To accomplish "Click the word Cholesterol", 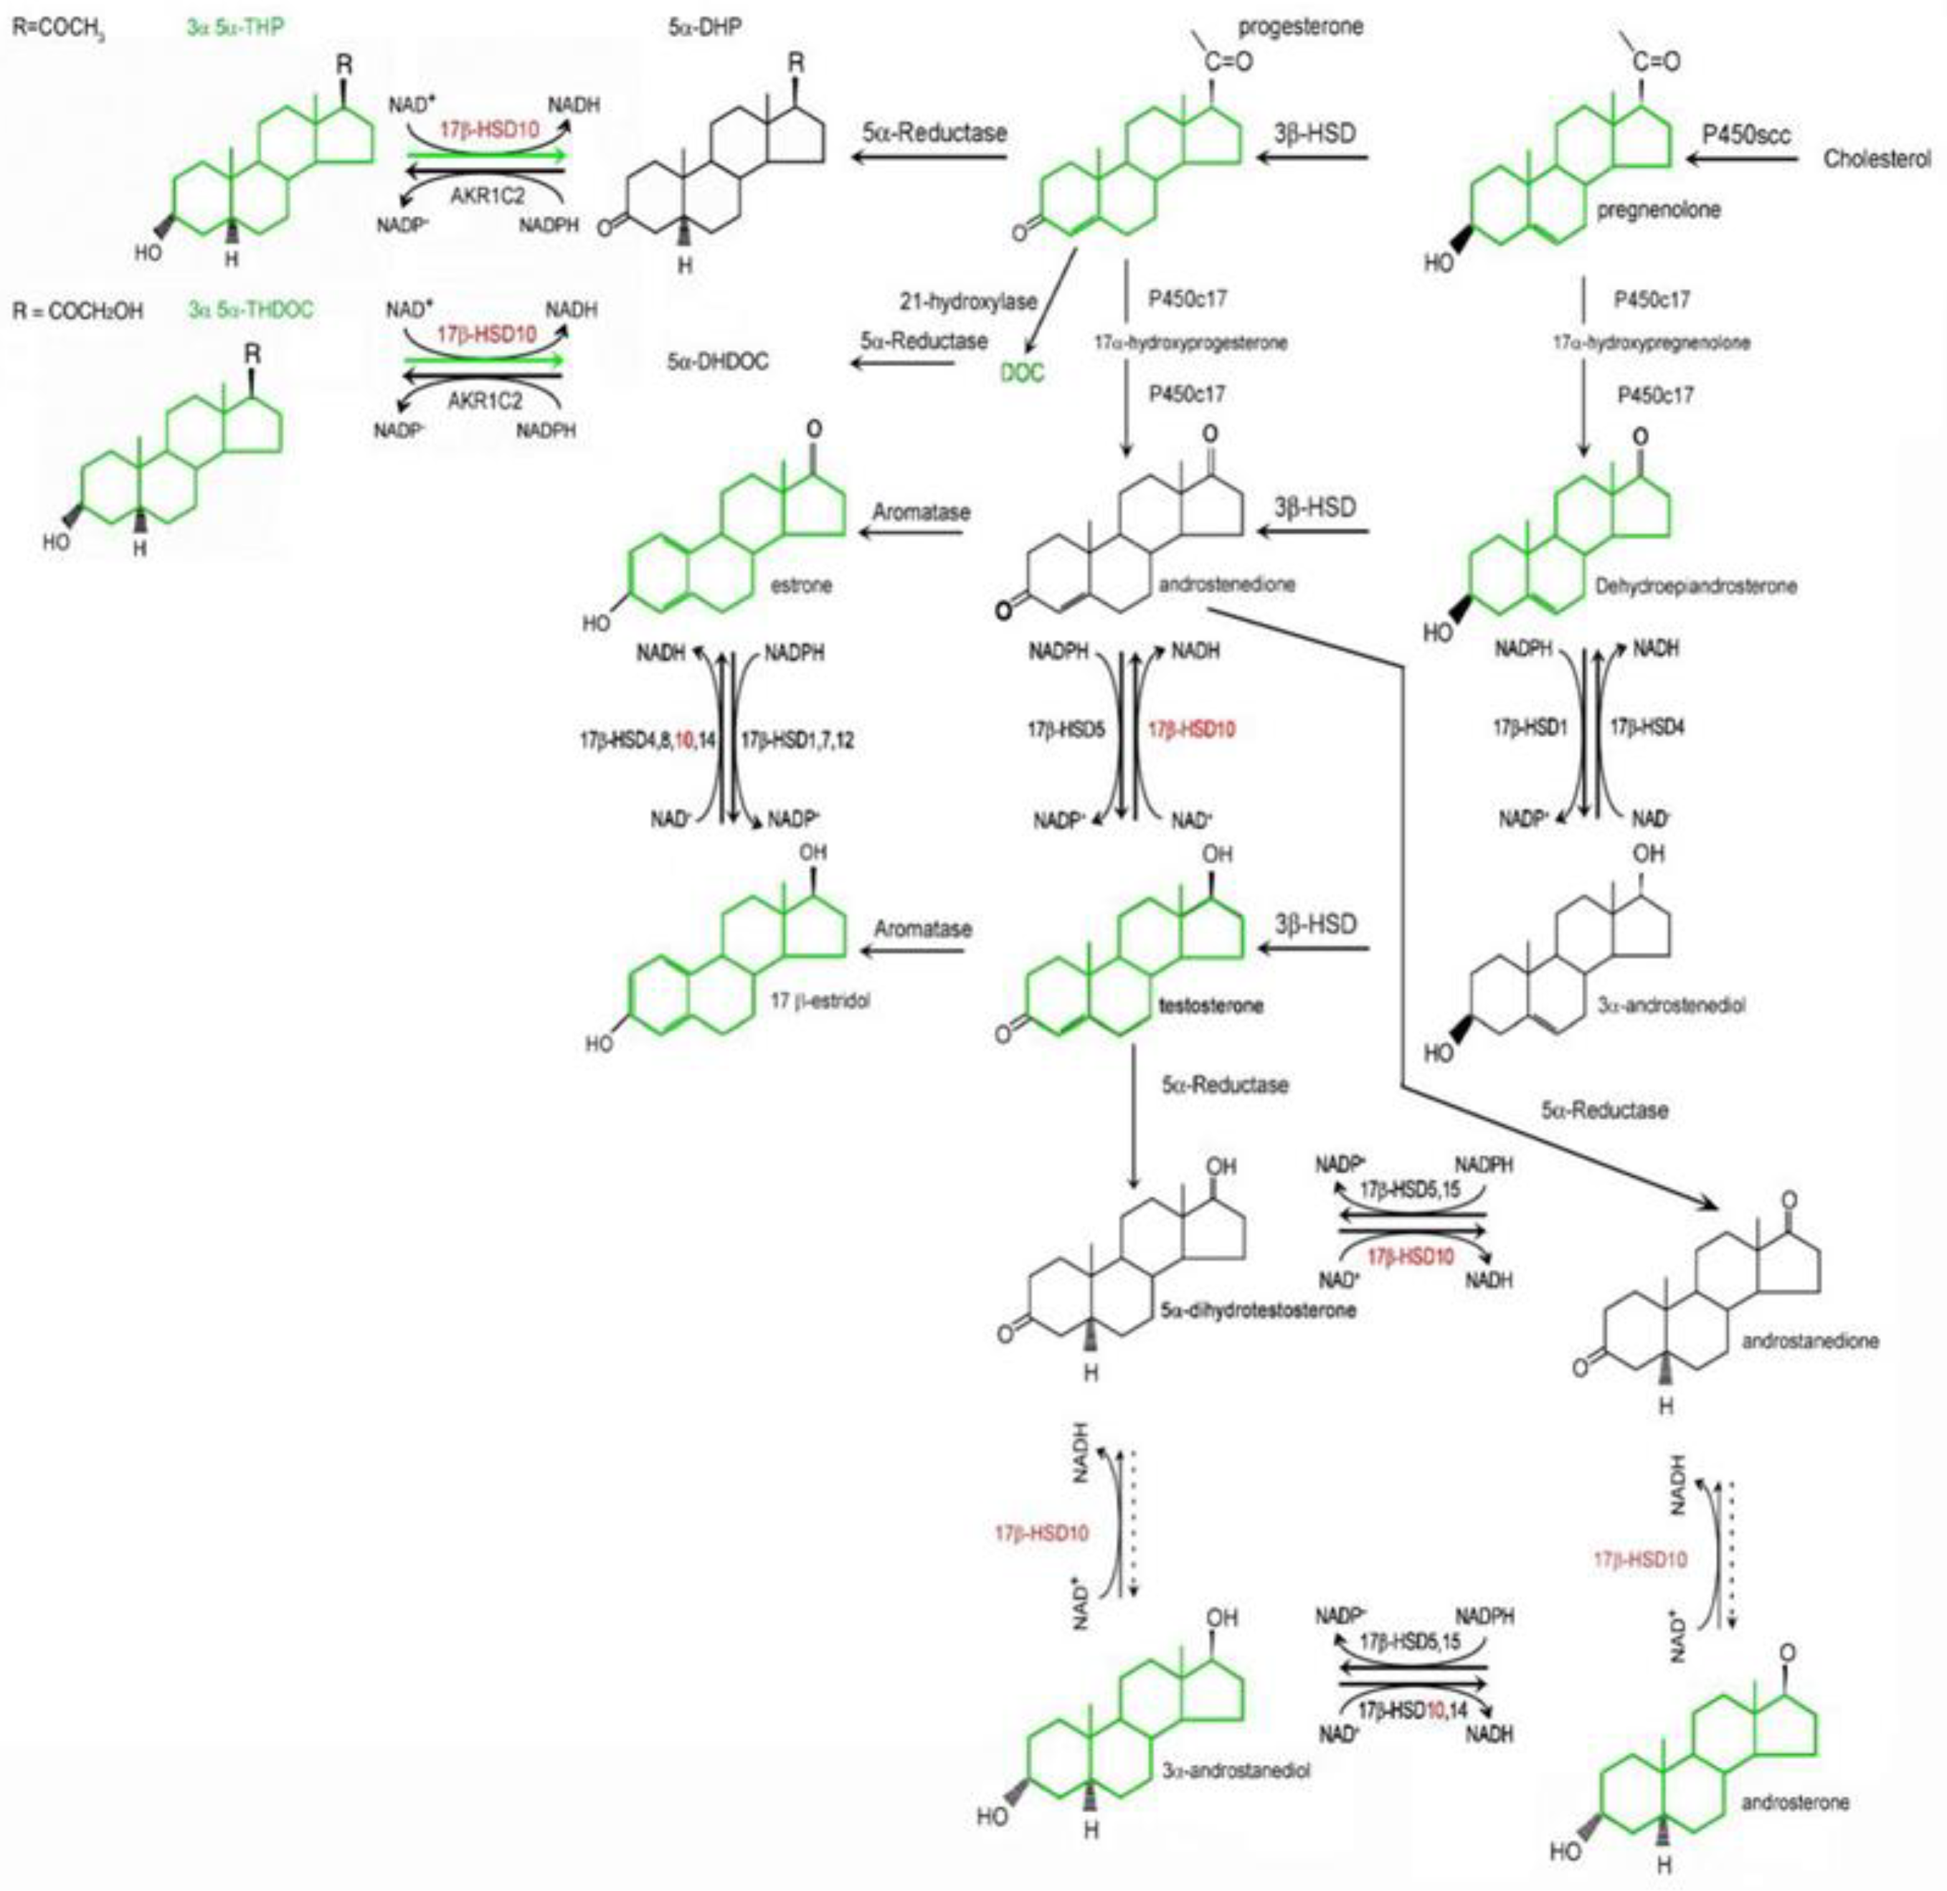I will (1877, 159).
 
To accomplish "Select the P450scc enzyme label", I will (1745, 134).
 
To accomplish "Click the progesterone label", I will (1302, 27).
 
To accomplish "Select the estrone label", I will (800, 585).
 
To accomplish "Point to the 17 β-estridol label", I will (820, 1001).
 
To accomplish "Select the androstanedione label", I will (1810, 1341).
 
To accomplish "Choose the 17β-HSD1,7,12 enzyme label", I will (797, 741).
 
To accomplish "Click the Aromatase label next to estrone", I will (921, 513).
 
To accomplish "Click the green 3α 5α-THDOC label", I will (250, 310).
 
